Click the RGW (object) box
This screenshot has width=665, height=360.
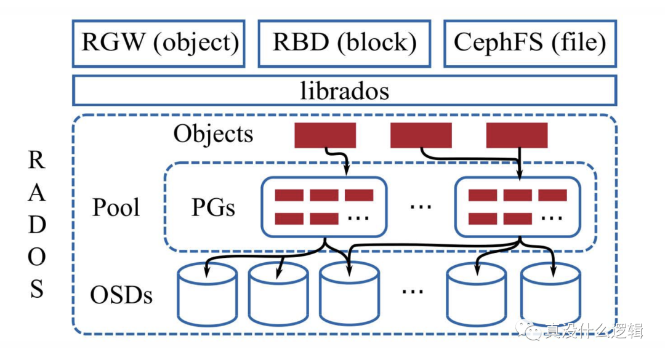[x=159, y=43]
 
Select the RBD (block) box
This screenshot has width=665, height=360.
[x=344, y=43]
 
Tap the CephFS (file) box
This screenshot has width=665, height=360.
[x=530, y=43]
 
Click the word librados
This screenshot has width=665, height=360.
[x=344, y=90]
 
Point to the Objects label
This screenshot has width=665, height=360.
[x=213, y=134]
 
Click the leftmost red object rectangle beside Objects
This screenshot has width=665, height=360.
[x=325, y=135]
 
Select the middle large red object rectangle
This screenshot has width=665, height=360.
[x=421, y=135]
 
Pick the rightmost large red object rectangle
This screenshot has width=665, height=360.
[x=517, y=135]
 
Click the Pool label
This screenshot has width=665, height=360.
[x=116, y=207]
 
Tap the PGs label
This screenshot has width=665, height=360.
[x=213, y=208]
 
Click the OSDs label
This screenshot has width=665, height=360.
[x=121, y=295]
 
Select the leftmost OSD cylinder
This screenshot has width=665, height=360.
[x=207, y=294]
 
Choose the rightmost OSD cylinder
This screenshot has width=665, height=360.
[x=550, y=294]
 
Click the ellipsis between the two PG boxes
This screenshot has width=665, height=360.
[x=421, y=207]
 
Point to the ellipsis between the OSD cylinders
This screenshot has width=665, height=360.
[x=412, y=292]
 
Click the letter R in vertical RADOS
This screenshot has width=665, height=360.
[x=36, y=160]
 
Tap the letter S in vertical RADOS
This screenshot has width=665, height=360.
[x=36, y=289]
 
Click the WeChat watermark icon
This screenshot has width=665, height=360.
[x=528, y=329]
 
